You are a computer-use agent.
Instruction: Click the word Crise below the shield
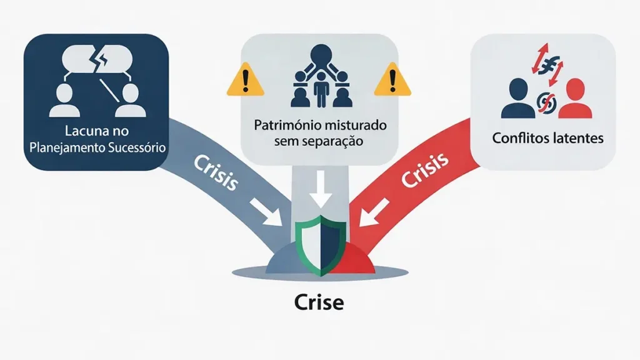tap(319, 303)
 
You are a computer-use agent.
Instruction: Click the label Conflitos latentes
tap(547, 137)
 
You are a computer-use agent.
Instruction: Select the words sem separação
tap(319, 141)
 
